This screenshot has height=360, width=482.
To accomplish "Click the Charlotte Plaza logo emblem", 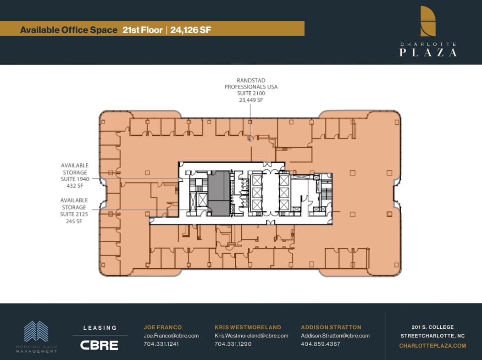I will pos(428,21).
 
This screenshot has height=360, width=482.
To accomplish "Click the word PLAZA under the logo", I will pos(428,52).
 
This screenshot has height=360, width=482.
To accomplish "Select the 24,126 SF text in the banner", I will pos(190,30).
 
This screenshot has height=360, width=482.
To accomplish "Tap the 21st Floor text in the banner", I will pos(143,30).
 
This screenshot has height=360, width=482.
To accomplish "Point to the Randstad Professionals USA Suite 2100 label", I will pos(250,90).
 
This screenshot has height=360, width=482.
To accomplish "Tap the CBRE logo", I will pos(100,345).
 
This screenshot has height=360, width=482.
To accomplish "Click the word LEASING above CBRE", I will pos(100,328).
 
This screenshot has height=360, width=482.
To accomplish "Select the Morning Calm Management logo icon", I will pos(36,332).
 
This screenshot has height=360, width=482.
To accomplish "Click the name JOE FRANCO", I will pos(163,327).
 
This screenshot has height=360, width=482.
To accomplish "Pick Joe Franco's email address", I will pos(171,336).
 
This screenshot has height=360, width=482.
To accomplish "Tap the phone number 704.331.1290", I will pos(233,344).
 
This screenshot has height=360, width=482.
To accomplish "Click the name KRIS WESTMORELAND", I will pos(248,327).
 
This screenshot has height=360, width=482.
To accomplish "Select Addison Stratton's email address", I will pos(335,336).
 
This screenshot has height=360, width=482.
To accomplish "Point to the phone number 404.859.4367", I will pos(321,344).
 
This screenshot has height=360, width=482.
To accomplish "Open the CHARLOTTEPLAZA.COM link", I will pos(432,346).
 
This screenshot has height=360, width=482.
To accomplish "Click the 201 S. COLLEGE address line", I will pos(432,327).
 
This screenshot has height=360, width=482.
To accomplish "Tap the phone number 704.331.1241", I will pos(161,344).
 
